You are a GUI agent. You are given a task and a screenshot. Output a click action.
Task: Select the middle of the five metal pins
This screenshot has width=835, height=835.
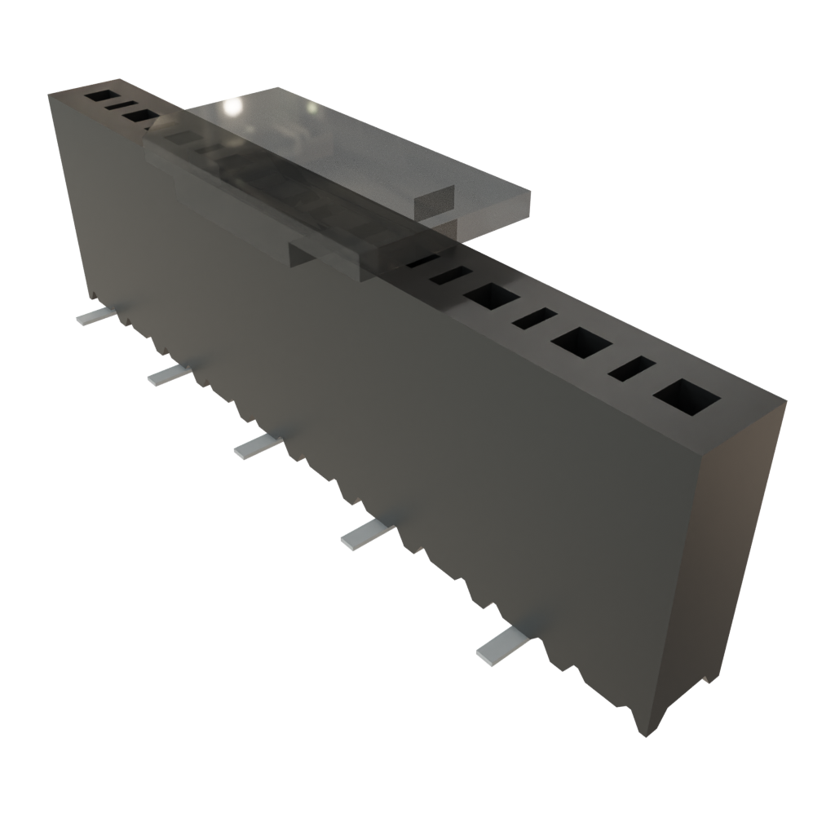click(256, 446)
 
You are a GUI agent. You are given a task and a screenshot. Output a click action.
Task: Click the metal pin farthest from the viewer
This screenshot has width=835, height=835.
click(91, 316)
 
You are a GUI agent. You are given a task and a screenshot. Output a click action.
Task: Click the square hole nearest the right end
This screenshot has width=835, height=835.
click(686, 399)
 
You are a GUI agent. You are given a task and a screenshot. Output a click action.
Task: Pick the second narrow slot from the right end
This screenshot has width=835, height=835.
click(534, 319)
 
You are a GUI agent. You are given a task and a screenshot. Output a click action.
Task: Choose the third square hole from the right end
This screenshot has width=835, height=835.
click(491, 296)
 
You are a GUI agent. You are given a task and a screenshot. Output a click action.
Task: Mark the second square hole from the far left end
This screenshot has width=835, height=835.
click(140, 116)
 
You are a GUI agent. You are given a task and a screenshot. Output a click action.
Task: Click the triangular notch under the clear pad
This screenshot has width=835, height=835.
click(300, 254)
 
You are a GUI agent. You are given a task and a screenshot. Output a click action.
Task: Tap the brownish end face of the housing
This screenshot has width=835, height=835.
click(718, 554)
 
